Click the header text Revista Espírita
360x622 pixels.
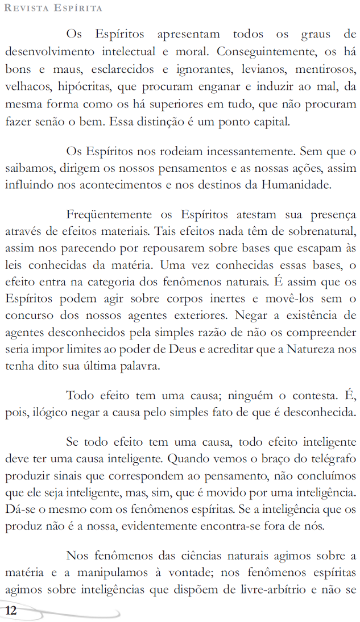coord(53,8)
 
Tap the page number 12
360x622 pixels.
coord(11,611)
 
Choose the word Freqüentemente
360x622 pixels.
coord(109,215)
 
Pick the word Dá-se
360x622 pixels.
coord(19,509)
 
